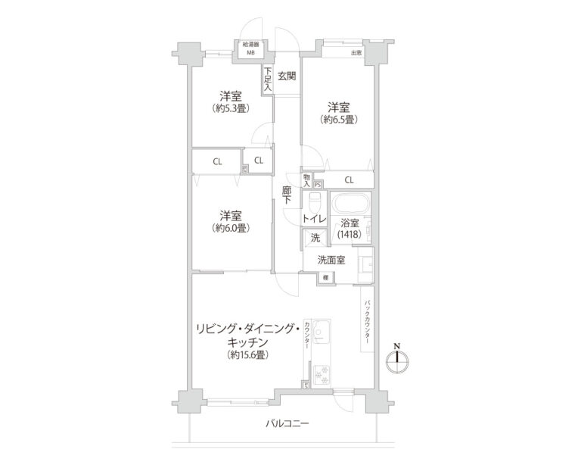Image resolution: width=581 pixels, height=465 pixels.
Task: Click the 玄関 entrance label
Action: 287,75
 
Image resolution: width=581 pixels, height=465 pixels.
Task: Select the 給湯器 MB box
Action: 250,49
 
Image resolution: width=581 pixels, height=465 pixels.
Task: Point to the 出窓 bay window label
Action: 356,52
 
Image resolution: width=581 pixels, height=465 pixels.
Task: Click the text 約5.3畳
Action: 231,108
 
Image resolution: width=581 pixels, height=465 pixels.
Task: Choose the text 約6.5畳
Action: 338,119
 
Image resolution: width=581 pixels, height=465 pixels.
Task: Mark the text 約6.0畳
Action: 231,228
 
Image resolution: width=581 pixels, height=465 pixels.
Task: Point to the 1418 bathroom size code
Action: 349,236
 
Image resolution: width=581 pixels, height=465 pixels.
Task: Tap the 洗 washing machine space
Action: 315,238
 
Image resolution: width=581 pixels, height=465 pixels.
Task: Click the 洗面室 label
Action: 331,260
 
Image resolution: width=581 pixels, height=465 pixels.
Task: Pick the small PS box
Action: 318,183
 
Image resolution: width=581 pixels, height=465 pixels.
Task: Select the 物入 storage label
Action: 306,180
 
